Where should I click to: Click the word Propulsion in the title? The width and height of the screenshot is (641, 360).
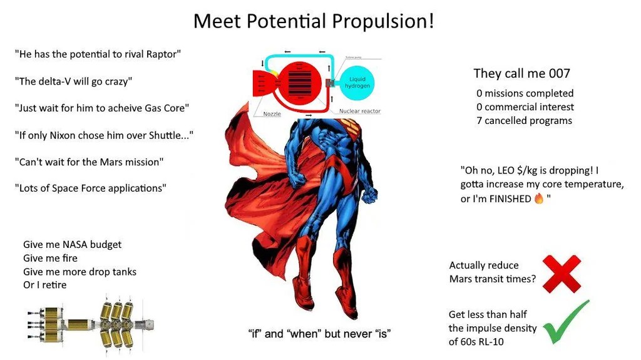382,21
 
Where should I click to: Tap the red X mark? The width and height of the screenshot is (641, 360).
562,274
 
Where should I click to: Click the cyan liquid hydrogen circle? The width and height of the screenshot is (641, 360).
357,82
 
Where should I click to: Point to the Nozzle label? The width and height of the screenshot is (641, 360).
272,114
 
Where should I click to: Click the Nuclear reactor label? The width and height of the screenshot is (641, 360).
360,111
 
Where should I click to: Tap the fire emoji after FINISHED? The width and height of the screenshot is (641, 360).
539,198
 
